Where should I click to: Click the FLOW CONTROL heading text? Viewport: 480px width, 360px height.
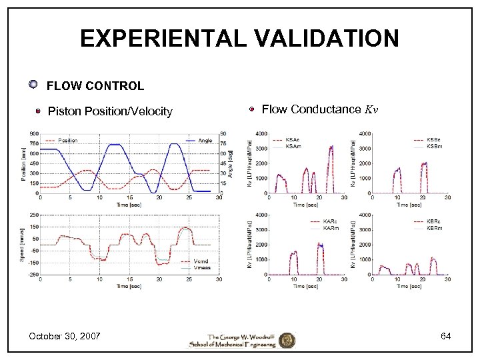(95, 86)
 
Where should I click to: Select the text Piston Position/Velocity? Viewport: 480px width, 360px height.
(110, 111)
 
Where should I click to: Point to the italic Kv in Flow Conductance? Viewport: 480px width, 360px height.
(371, 109)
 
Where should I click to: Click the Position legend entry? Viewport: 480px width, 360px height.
(67, 141)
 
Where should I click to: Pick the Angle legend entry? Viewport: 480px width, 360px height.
(205, 141)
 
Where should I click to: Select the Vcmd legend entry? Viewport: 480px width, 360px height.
(201, 261)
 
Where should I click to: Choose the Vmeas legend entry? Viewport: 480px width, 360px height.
(202, 267)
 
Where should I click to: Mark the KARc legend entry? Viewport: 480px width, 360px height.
(329, 221)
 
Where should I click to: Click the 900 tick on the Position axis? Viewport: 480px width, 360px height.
(33, 133)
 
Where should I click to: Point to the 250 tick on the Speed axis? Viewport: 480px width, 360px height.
(33, 215)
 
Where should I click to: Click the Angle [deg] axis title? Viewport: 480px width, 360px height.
(230, 160)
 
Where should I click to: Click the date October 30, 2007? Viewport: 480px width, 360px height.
(64, 336)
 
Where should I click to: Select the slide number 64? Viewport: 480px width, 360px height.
(445, 336)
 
